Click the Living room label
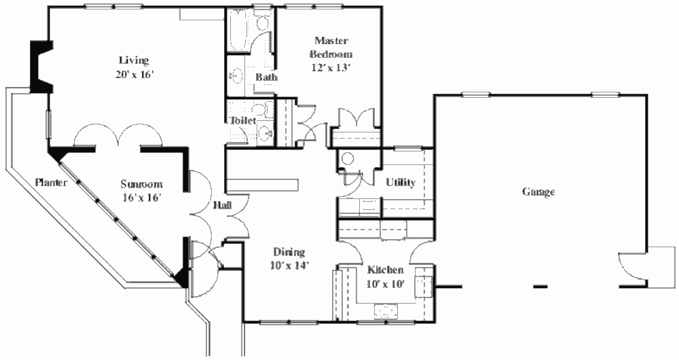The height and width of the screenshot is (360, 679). [x=134, y=60]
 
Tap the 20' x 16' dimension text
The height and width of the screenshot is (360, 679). [x=134, y=75]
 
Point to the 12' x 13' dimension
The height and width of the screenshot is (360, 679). [x=331, y=67]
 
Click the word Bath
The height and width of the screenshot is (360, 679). [x=266, y=77]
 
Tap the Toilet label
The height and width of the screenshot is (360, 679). [x=243, y=120]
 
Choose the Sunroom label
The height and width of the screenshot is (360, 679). [x=142, y=185]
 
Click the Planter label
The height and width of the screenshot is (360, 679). [x=51, y=183]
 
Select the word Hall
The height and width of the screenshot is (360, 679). [x=222, y=205]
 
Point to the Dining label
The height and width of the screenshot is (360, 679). [x=289, y=252]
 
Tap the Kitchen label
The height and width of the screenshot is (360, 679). [x=386, y=270]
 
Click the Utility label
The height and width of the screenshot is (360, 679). [x=401, y=183]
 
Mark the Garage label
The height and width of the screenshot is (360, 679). [x=538, y=192]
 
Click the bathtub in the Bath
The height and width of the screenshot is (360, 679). [x=238, y=31]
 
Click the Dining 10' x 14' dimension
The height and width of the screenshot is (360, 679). [x=289, y=266]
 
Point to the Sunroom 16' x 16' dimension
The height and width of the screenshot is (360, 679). [x=142, y=198]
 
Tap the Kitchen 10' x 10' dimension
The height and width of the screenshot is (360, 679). [x=386, y=284]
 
